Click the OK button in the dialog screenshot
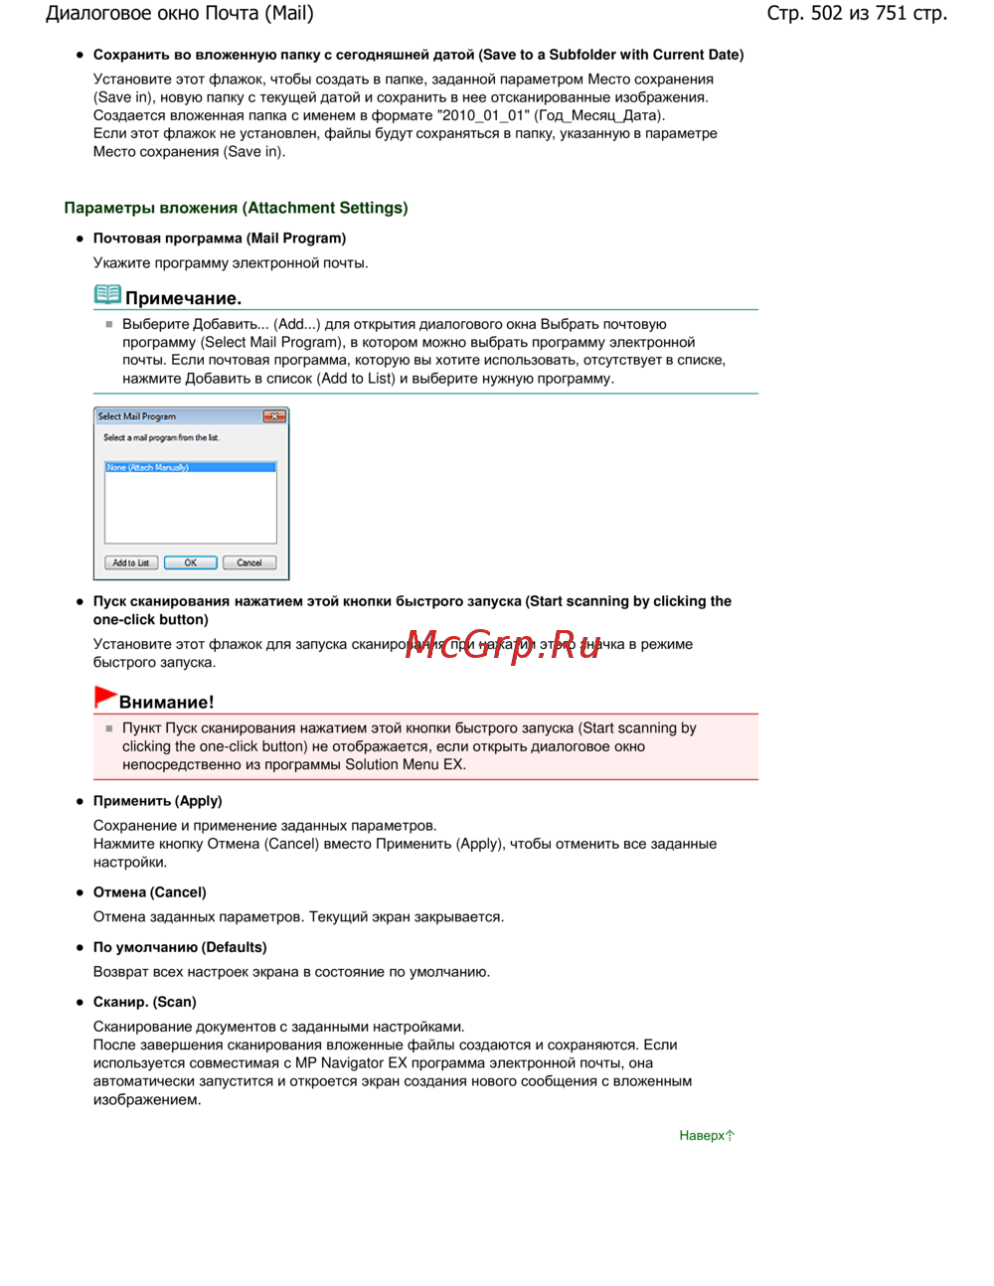click(190, 563)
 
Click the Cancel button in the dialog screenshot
click(248, 563)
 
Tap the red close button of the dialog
click(274, 416)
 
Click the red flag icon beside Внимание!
click(104, 698)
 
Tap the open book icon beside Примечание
click(107, 295)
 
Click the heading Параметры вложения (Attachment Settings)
click(236, 208)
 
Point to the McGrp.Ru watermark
click(503, 645)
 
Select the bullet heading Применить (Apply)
click(157, 801)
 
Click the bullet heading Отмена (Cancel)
click(149, 892)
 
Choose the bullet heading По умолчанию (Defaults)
click(180, 947)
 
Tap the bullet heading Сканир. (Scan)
click(144, 1002)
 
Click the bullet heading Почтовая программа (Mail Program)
click(219, 239)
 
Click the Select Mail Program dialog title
click(137, 416)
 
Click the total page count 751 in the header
click(892, 13)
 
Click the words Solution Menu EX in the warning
click(405, 764)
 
